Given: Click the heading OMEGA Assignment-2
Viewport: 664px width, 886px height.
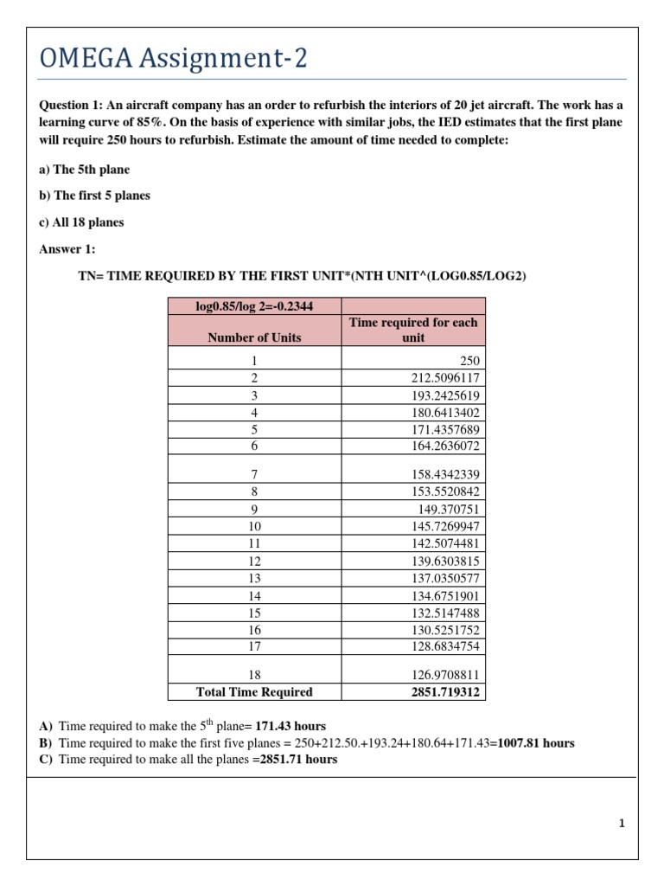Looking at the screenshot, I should point(174,61).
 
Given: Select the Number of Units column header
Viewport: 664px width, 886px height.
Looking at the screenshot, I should point(254,337).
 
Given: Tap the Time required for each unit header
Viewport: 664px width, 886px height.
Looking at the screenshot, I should point(413,330).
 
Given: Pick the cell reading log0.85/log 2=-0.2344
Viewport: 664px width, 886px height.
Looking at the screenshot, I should point(254,305).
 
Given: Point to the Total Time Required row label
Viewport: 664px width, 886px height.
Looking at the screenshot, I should point(254,691).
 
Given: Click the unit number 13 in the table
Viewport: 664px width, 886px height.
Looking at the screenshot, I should point(254,577).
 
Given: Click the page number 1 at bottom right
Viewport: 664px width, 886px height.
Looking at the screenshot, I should point(621,824).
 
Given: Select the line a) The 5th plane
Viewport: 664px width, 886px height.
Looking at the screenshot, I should point(85,170).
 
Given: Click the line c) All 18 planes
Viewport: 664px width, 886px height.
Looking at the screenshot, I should point(81,222).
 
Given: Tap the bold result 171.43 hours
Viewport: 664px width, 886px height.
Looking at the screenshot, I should point(290,726).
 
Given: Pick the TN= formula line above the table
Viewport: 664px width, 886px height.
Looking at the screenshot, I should point(302,276).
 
